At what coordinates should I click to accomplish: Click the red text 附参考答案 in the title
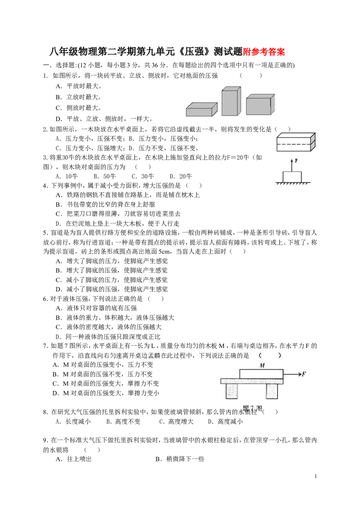tap(264, 52)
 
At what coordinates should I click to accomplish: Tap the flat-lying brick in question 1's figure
tap(202, 110)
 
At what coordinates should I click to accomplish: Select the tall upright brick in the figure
tap(231, 101)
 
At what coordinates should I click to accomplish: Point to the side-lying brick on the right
tap(260, 104)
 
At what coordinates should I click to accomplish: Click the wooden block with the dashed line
tap(296, 142)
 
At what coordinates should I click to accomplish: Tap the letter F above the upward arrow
tap(296, 161)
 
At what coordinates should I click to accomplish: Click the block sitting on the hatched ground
tap(292, 177)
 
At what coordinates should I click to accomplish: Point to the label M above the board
tap(262, 366)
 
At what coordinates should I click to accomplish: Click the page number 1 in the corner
tap(315, 476)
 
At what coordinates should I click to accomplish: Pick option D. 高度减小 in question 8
tap(225, 421)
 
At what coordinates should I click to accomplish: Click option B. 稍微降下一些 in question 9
tap(180, 459)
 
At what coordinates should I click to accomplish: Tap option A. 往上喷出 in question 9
tap(74, 459)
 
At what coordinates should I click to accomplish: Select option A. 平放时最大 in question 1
tap(79, 86)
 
